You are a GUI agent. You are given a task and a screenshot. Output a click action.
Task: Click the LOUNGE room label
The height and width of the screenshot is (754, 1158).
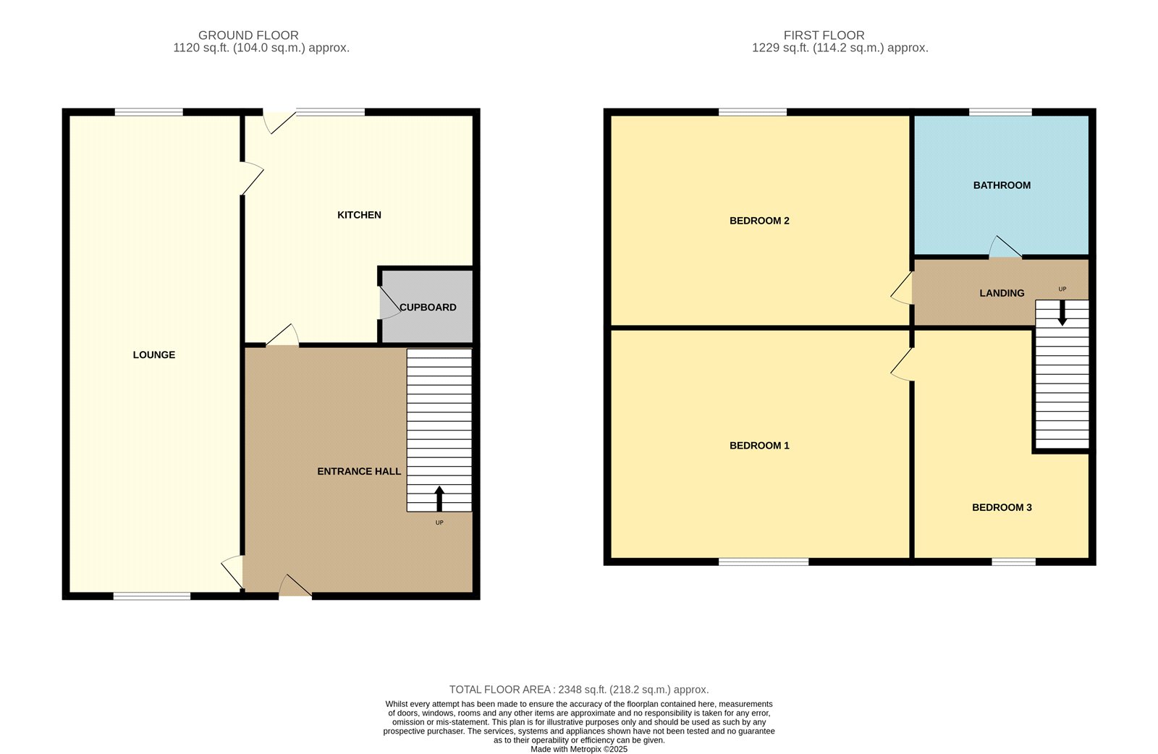point(154,355)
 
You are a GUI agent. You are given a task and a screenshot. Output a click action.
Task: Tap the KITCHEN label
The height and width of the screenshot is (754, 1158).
point(359,215)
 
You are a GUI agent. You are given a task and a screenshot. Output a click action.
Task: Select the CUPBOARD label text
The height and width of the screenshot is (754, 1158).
point(428,308)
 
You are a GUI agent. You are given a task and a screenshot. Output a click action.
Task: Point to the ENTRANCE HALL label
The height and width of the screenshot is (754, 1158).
point(359,471)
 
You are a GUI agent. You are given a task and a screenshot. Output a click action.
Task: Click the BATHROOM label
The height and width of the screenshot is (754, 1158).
point(1002,185)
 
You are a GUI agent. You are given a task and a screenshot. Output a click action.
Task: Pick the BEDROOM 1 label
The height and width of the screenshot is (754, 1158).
point(759,446)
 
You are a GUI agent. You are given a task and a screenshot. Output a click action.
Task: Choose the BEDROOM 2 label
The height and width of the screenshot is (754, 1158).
point(759,221)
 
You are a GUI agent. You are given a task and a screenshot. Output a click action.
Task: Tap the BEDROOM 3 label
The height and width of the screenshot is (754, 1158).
point(1002,507)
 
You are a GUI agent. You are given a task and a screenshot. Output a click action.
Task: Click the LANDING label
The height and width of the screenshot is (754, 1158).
point(1002,294)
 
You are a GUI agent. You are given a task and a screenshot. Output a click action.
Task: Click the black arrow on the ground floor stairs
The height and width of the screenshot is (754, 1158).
point(439,499)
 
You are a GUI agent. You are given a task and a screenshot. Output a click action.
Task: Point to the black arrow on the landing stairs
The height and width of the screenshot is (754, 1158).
point(1062,313)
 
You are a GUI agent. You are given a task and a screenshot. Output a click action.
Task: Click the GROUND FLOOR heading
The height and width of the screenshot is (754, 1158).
point(249,35)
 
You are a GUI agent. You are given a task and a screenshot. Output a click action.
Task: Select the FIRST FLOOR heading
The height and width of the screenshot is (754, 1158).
point(824,35)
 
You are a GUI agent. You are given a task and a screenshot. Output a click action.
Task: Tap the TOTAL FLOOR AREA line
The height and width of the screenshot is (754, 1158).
point(579,690)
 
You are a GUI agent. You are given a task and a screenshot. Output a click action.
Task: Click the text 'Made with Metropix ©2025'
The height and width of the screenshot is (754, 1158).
point(579,749)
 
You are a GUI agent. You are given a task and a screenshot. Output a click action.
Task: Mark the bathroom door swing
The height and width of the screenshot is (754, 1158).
point(1005,247)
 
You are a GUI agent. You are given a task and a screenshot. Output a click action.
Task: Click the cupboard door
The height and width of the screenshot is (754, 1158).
point(390,302)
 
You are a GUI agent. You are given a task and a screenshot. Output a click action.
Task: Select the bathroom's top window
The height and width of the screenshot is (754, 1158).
point(1000,112)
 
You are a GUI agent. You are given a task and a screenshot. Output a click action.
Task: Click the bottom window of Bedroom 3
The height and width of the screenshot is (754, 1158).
point(1014,562)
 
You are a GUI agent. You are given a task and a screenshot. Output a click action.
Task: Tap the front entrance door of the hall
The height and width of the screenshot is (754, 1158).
point(295,587)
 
